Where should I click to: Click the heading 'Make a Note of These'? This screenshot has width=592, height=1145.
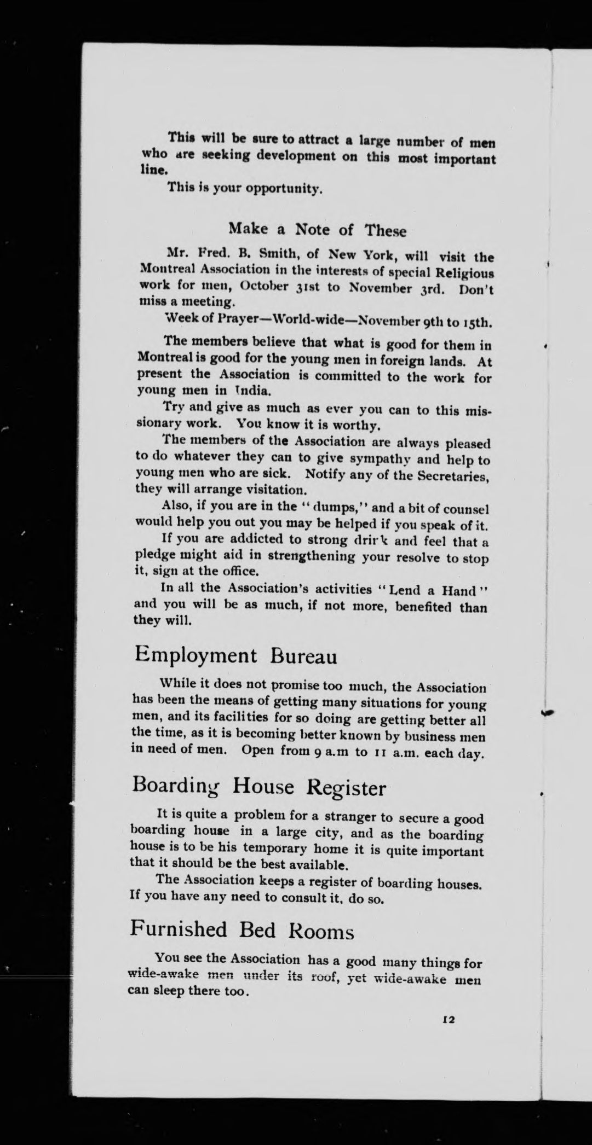pyautogui.click(x=317, y=229)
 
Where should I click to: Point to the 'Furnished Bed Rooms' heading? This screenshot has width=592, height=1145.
pyautogui.click(x=242, y=929)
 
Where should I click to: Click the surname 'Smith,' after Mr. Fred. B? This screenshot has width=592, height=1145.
pyautogui.click(x=265, y=255)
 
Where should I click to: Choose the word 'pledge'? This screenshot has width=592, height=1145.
pyautogui.click(x=154, y=555)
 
